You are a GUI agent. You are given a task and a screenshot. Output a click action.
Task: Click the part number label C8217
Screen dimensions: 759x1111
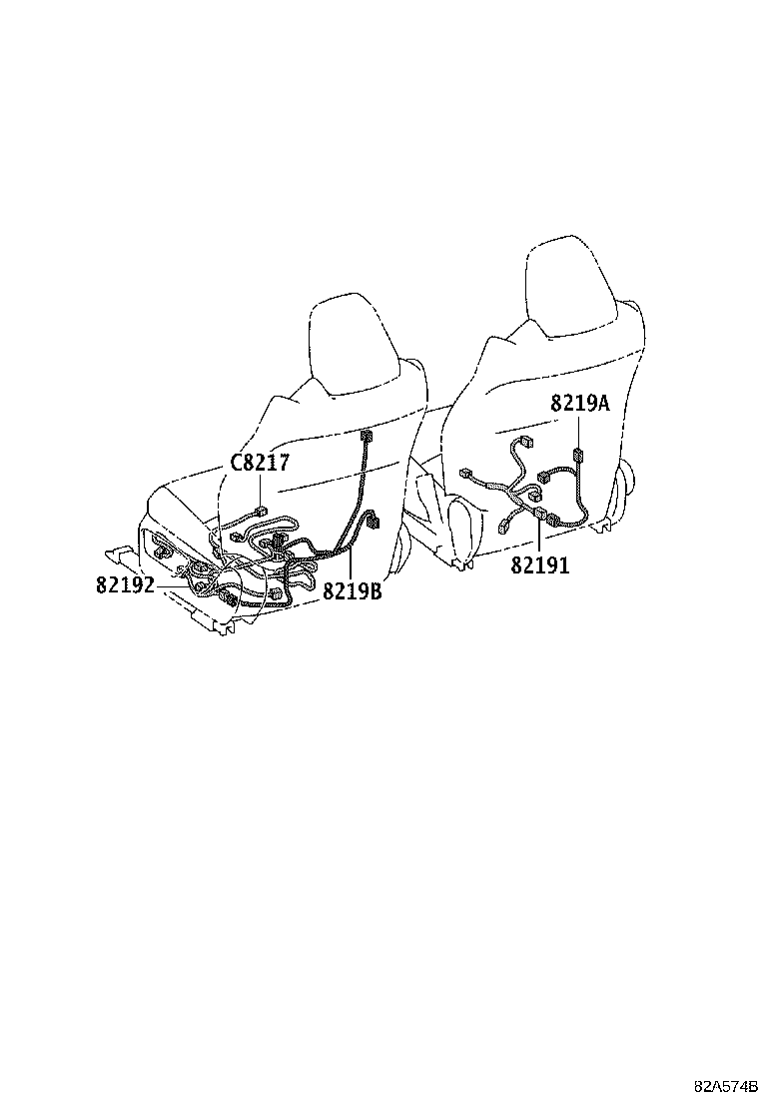pyautogui.click(x=260, y=463)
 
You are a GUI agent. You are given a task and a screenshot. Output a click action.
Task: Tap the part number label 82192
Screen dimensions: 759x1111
pyautogui.click(x=125, y=585)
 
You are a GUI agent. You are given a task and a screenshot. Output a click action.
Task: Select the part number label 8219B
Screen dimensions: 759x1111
pyautogui.click(x=352, y=590)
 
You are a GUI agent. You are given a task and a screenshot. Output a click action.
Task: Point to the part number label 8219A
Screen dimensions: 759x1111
pyautogui.click(x=580, y=404)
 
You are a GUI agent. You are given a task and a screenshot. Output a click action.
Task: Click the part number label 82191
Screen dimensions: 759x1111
pyautogui.click(x=540, y=565)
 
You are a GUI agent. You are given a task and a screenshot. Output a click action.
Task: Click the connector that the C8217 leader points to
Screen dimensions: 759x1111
pyautogui.click(x=262, y=510)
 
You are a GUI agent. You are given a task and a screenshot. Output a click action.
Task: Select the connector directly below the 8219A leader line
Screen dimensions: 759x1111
pyautogui.click(x=578, y=455)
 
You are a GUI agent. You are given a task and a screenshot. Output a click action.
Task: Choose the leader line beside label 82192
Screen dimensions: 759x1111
pyautogui.click(x=174, y=585)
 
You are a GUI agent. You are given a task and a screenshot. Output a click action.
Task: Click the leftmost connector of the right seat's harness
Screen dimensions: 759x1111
pyautogui.click(x=465, y=472)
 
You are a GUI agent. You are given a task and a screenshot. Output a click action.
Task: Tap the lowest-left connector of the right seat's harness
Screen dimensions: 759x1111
pyautogui.click(x=505, y=527)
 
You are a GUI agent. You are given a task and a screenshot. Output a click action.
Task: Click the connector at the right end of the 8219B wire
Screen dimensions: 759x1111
pyautogui.click(x=374, y=522)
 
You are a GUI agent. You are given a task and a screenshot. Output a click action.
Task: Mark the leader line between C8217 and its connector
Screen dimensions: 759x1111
pyautogui.click(x=262, y=489)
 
